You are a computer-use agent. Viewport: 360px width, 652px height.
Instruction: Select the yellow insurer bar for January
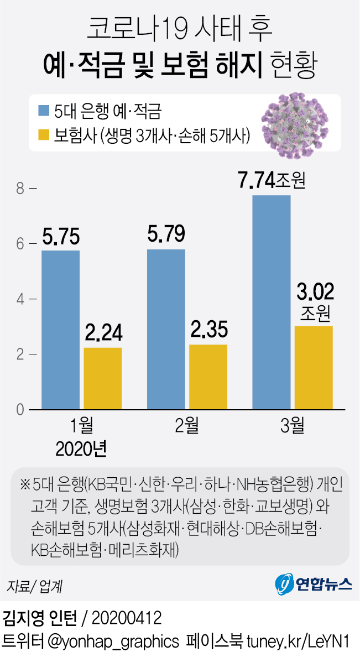coord(103,378)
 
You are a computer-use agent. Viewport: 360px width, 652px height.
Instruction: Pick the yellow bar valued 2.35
coord(208,377)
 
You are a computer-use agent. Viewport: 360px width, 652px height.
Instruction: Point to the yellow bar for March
coord(314,368)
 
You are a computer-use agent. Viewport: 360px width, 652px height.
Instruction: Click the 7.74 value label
coord(257,181)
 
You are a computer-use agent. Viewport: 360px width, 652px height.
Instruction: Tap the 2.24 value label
coord(103,334)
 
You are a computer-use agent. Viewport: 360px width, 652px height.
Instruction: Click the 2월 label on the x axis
coord(187,426)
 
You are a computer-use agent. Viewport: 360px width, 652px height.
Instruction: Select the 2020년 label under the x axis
coord(81,447)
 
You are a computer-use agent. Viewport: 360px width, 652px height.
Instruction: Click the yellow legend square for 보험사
coord(44,135)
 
